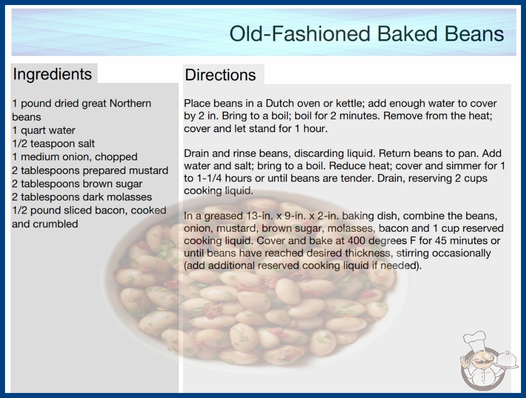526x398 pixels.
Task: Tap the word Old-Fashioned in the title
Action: pos(300,34)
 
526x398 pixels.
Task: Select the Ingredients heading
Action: pos(52,74)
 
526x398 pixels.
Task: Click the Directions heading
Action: pos(220,74)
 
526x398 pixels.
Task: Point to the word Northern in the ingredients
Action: pos(130,104)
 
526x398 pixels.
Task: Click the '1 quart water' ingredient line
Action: pos(44,130)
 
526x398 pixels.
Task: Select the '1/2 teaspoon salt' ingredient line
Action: pos(53,144)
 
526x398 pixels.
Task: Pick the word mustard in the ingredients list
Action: pos(149,170)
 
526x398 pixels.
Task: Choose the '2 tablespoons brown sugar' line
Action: pos(77,184)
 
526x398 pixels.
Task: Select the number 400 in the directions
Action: pos(357,241)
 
